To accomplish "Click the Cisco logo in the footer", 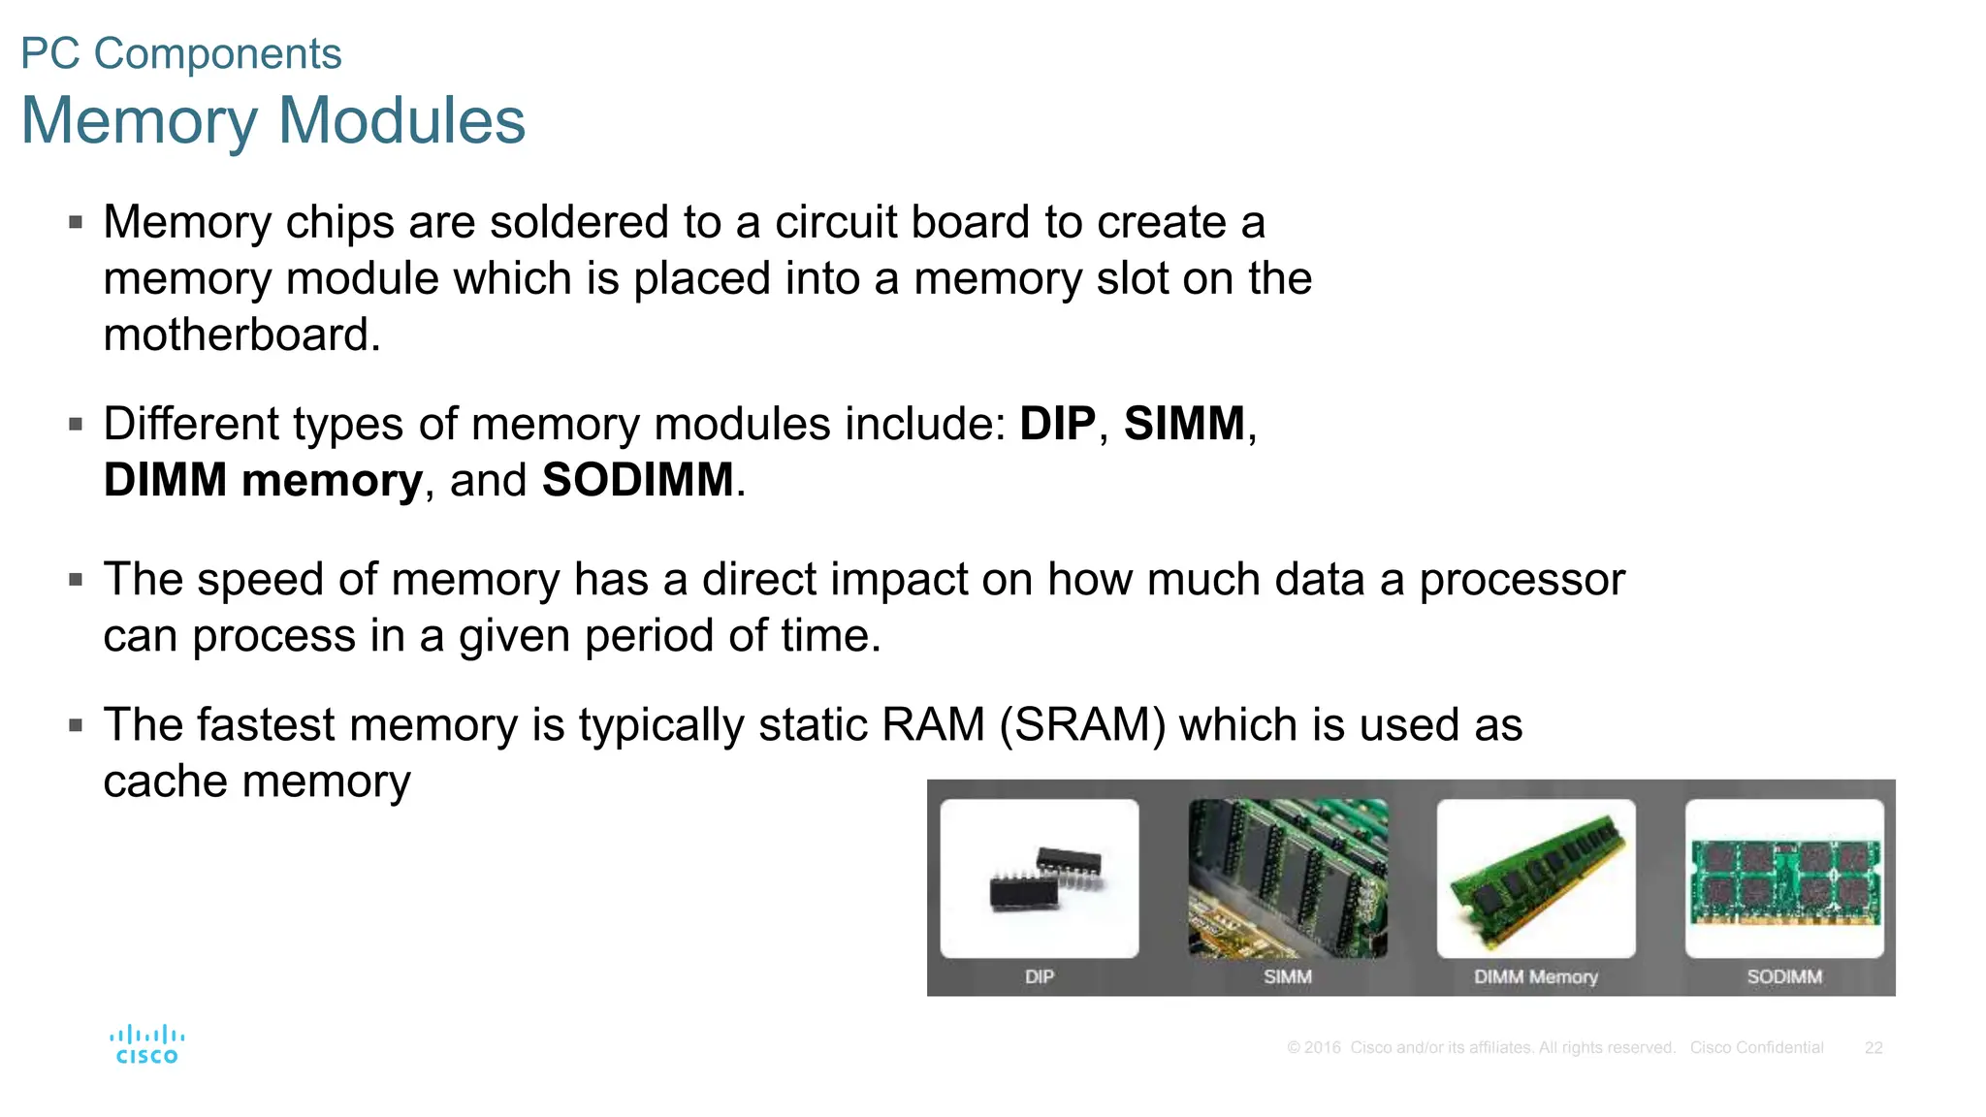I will click(x=147, y=1044).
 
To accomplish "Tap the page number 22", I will click(x=1874, y=1048).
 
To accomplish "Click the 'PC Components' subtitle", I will click(x=181, y=53).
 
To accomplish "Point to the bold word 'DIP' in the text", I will click(x=1057, y=424).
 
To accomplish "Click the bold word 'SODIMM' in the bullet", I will click(x=637, y=480).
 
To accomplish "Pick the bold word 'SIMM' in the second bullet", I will click(x=1184, y=424).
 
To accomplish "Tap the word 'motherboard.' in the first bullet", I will click(x=242, y=335).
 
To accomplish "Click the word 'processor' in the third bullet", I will click(x=1522, y=580).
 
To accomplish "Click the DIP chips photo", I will click(x=1040, y=878).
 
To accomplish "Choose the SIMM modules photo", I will click(x=1288, y=878).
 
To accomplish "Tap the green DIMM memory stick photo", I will click(x=1536, y=878).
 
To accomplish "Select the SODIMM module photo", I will click(x=1784, y=878).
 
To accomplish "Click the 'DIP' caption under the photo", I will click(x=1040, y=977).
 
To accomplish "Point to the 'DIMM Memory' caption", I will click(x=1536, y=977).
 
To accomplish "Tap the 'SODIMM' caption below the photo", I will click(x=1784, y=977).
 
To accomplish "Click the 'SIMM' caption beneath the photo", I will click(x=1288, y=977).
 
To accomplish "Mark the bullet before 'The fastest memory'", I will click(x=76, y=725).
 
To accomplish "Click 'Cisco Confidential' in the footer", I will click(x=1756, y=1048).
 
